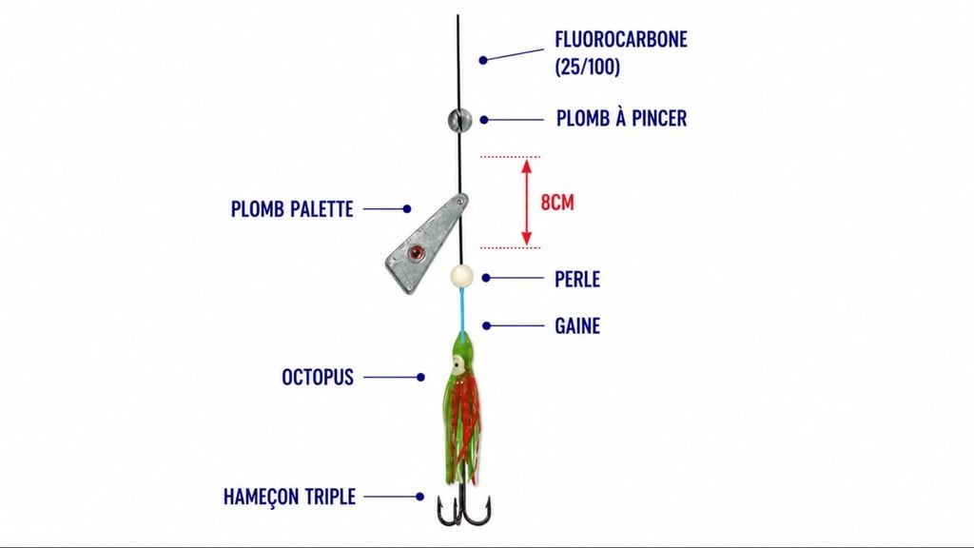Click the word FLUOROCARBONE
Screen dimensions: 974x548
tap(621, 39)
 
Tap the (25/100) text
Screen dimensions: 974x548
tap(588, 67)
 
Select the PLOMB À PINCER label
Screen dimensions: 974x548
tap(621, 118)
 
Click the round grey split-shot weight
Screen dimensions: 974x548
tap(459, 120)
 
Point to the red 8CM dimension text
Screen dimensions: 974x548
tap(557, 203)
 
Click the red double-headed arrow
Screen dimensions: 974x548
tap(527, 202)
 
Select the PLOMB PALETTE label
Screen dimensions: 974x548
tap(292, 208)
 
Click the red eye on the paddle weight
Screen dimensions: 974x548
tap(417, 252)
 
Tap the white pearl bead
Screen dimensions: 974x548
tap(461, 277)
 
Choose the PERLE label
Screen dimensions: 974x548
tap(577, 279)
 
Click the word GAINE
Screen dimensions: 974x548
tap(577, 325)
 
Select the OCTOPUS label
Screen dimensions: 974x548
tap(318, 377)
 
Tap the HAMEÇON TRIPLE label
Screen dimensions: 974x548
tap(289, 497)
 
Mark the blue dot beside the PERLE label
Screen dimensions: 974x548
tap(486, 279)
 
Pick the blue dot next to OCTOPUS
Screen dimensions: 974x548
tap(421, 377)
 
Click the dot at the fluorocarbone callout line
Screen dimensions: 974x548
tap(482, 60)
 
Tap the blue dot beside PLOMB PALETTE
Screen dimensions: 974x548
tap(407, 208)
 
